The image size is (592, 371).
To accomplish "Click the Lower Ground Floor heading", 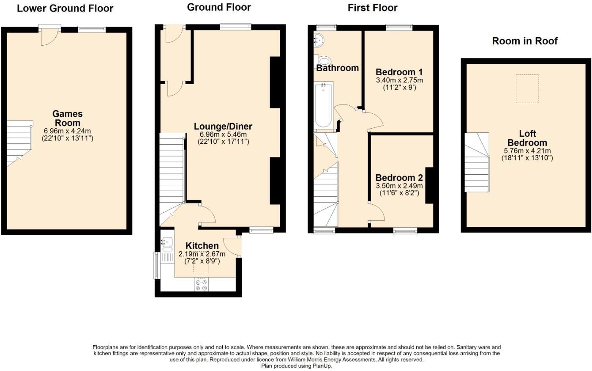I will coord(65,8).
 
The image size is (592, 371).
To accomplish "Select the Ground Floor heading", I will coord(219,7).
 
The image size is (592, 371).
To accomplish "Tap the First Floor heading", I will coord(372,8).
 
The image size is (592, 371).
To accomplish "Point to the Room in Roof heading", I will coord(524,41).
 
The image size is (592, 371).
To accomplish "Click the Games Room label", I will coord(67,118).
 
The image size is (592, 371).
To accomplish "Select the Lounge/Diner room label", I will coord(223,126).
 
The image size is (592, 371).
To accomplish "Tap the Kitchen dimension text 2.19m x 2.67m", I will coord(202,254).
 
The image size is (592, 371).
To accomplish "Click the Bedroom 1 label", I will coord(399,72).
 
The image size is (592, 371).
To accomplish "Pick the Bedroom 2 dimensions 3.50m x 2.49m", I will coord(399,186).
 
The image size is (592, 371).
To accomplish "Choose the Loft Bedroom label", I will coord(527,138).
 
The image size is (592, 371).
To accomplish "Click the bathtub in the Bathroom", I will coord(324,105).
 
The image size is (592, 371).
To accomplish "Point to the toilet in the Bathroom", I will coord(325,60).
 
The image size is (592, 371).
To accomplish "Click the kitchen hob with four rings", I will coord(201,285).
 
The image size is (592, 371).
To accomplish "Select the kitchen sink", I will coord(167,242).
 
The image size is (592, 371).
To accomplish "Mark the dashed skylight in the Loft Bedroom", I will coord(527,88).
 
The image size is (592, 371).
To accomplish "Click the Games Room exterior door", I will coord(50,36).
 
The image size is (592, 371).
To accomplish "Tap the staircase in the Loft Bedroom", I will coord(477,162).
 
